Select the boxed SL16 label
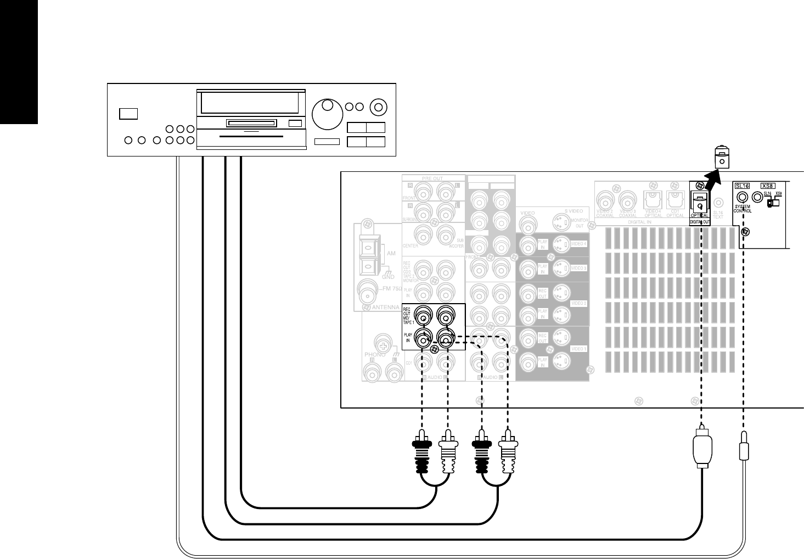pyautogui.click(x=742, y=187)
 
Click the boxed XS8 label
pyautogui.click(x=767, y=187)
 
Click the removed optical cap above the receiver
pyautogui.click(x=722, y=158)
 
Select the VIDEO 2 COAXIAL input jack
pyautogui.click(x=605, y=199)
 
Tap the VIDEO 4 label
pyautogui.click(x=579, y=243)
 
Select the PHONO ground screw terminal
pyautogui.click(x=382, y=347)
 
